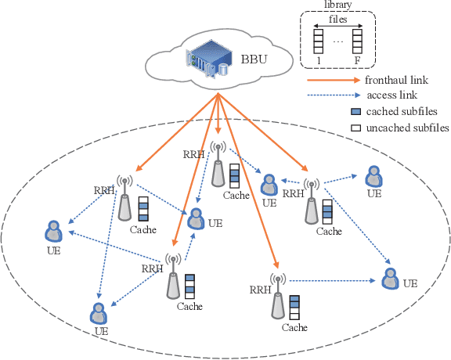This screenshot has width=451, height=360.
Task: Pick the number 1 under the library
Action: point(319,60)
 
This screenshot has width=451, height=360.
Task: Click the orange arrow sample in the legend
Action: point(333,80)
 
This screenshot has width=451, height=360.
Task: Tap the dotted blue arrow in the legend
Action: point(333,96)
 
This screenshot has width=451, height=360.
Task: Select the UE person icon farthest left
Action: point(53,232)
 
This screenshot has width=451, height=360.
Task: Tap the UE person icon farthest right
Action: point(388,277)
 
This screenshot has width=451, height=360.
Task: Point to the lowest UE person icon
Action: point(99,313)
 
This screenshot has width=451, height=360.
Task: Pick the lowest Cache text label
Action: point(294,328)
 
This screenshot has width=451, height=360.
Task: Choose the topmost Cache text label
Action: point(234,195)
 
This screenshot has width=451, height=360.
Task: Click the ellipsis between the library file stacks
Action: point(339,39)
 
